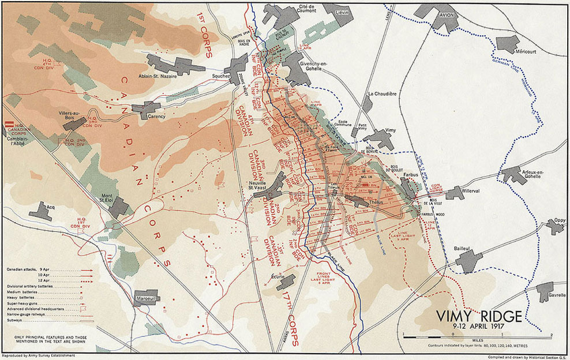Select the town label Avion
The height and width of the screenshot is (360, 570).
pos(444,16)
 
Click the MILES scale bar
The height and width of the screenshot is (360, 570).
pos(477,336)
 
